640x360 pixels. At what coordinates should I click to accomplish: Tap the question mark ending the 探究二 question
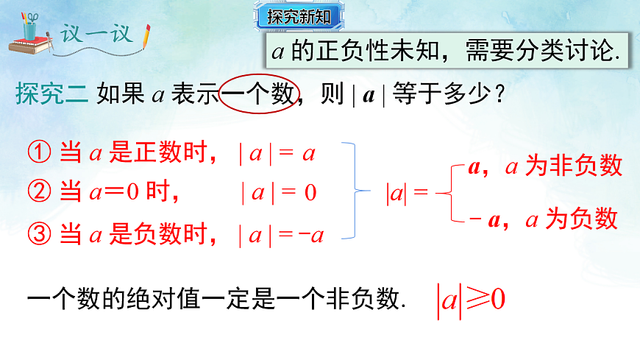pyautogui.click(x=500, y=94)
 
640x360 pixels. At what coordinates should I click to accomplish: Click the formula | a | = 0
pyautogui.click(x=279, y=194)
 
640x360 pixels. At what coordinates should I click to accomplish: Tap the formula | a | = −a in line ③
pyautogui.click(x=281, y=236)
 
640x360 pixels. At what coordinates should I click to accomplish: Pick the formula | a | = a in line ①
pyautogui.click(x=277, y=154)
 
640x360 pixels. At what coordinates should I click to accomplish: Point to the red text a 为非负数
pyautogui.click(x=563, y=166)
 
